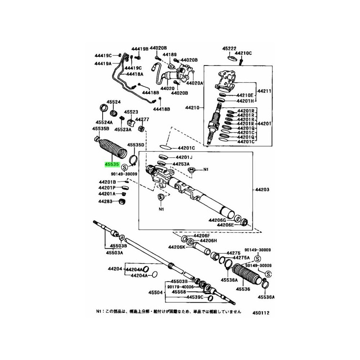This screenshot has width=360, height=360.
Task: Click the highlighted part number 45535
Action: [112, 164]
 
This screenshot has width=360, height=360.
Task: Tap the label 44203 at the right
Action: [263, 189]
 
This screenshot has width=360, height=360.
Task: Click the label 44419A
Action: [103, 63]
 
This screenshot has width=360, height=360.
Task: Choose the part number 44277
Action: [142, 119]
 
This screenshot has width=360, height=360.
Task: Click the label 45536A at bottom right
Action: [266, 297]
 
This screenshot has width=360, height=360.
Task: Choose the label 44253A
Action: [181, 164]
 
